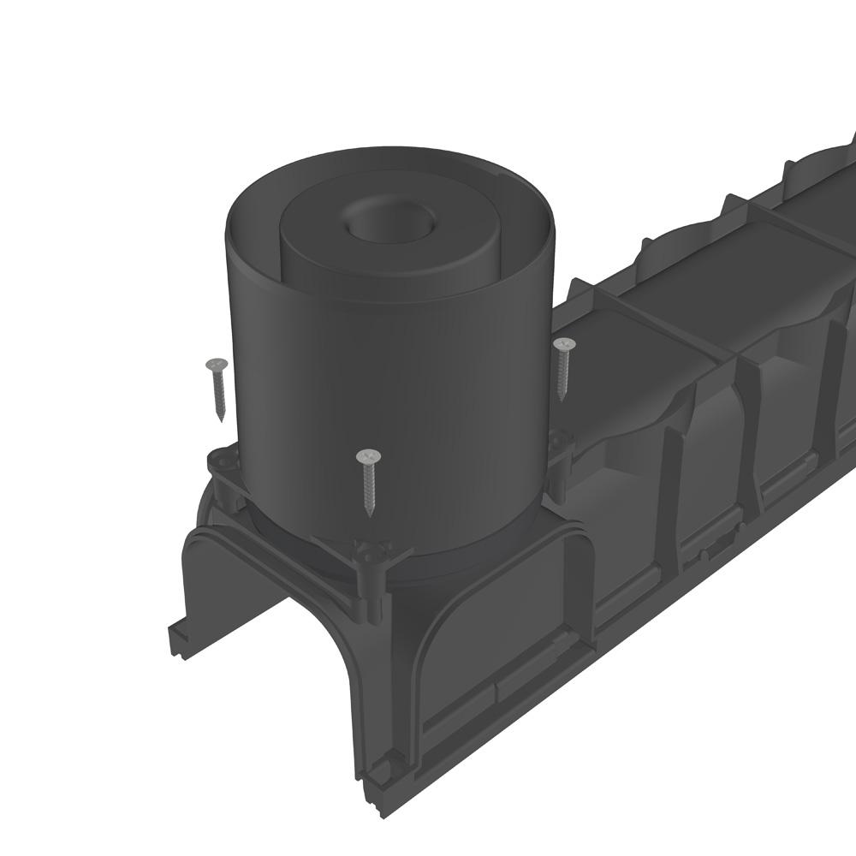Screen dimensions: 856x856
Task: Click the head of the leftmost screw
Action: (x=216, y=365)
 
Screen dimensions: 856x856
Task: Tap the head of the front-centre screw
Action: (x=368, y=455)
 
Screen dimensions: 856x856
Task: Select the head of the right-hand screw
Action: (x=564, y=344)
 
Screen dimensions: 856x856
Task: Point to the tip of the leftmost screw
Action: (x=221, y=419)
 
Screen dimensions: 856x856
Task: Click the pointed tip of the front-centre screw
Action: (x=369, y=515)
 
